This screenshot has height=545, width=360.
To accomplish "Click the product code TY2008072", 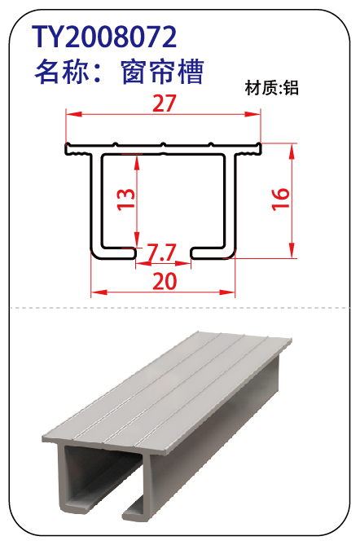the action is pyautogui.click(x=104, y=37).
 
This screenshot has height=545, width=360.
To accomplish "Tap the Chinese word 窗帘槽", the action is pyautogui.click(x=162, y=72).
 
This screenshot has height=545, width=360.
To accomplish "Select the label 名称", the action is pyautogui.click(x=59, y=72).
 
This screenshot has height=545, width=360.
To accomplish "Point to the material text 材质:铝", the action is pyautogui.click(x=272, y=88).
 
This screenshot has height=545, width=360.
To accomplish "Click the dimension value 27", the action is pyautogui.click(x=165, y=103).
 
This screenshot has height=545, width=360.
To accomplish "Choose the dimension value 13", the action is pyautogui.click(x=125, y=199).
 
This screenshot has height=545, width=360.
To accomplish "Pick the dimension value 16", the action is pyautogui.click(x=281, y=199).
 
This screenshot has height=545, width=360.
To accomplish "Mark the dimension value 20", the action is pyautogui.click(x=165, y=282).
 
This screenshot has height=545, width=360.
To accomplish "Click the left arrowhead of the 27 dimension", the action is pyautogui.click(x=73, y=114).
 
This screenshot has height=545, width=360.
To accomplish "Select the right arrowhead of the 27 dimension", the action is pyautogui.click(x=253, y=114).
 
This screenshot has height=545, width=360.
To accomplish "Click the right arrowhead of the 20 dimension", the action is pyautogui.click(x=227, y=292).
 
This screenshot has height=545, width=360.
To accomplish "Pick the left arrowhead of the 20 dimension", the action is pyautogui.click(x=99, y=292).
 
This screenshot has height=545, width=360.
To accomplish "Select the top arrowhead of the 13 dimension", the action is pyautogui.click(x=137, y=163).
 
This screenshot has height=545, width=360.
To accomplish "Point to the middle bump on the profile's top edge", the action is pyautogui.click(x=162, y=143).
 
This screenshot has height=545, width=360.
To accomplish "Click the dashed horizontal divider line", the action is pyautogui.click(x=180, y=308).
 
